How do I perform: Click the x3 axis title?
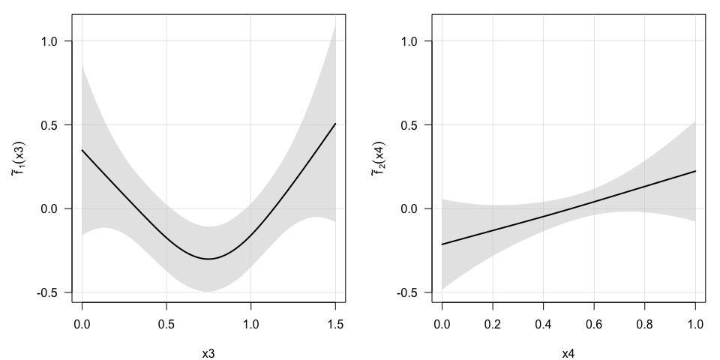pyautogui.click(x=208, y=352)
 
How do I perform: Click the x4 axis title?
pyautogui.click(x=568, y=352)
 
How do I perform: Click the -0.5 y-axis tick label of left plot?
pyautogui.click(x=49, y=292)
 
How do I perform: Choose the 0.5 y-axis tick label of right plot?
pyautogui.click(x=411, y=125)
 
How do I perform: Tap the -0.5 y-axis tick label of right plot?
pyautogui.click(x=409, y=292)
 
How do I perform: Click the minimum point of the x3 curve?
pyautogui.click(x=208, y=259)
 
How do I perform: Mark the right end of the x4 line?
pyautogui.click(x=696, y=171)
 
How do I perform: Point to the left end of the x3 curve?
pyautogui.click(x=82, y=150)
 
